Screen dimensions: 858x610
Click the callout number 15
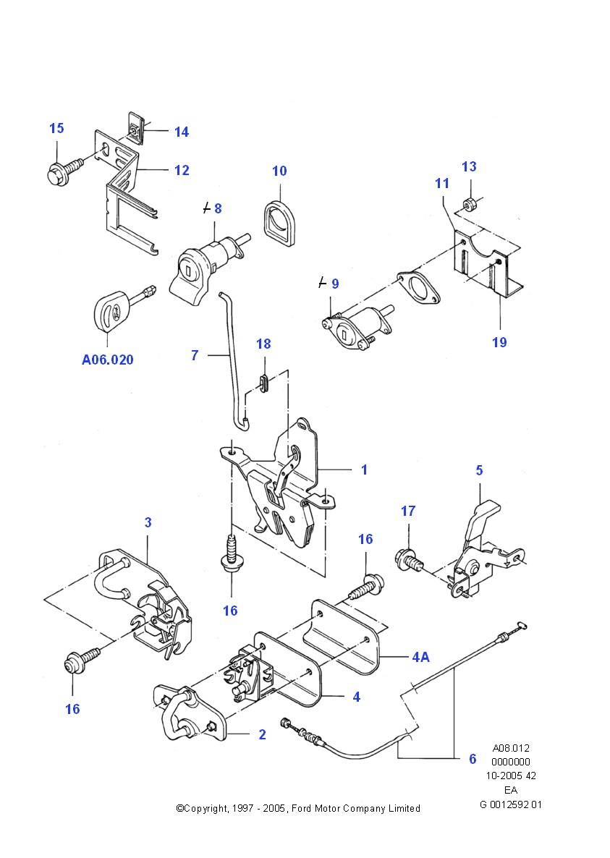(x=56, y=129)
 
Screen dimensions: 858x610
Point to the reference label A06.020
(x=108, y=360)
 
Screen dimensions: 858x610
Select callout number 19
(x=499, y=342)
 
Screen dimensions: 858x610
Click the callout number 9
(x=334, y=284)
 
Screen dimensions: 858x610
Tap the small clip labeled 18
(x=264, y=381)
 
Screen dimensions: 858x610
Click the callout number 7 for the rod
(x=195, y=355)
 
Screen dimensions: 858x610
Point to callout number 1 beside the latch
(x=364, y=470)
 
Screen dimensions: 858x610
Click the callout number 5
(x=479, y=470)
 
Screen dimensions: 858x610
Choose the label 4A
(x=420, y=658)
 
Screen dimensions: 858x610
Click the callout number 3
(x=148, y=522)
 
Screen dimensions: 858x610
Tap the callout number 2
(x=262, y=735)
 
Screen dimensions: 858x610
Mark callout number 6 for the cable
(x=472, y=759)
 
